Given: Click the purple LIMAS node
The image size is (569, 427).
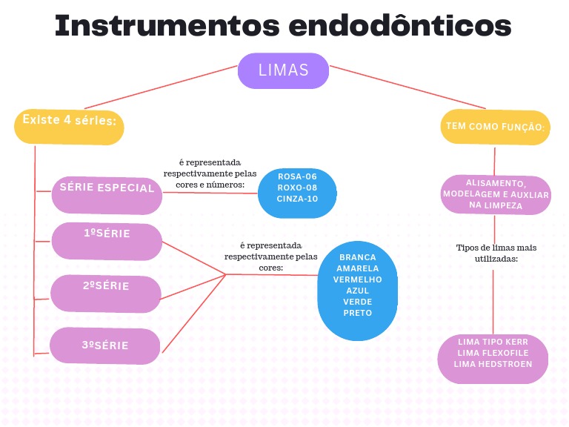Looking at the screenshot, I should pyautogui.click(x=283, y=71).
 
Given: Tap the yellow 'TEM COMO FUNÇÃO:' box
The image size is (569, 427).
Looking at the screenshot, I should pyautogui.click(x=495, y=128).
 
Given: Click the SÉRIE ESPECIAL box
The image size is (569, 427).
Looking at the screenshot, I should pyautogui.click(x=107, y=190).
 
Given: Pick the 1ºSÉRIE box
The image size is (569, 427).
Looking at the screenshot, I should pyautogui.click(x=107, y=239).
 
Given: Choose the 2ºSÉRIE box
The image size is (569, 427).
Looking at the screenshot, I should pyautogui.click(x=106, y=291).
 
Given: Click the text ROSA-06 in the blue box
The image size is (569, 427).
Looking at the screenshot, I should pyautogui.click(x=297, y=177).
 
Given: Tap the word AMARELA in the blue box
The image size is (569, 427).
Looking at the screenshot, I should pyautogui.click(x=357, y=268).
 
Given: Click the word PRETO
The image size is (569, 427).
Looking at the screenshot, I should pyautogui.click(x=357, y=313).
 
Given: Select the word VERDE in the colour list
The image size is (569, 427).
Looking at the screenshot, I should pyautogui.click(x=357, y=302).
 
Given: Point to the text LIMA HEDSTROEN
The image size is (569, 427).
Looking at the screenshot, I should pyautogui.click(x=493, y=364).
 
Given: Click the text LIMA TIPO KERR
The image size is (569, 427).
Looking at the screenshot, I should pyautogui.click(x=493, y=342).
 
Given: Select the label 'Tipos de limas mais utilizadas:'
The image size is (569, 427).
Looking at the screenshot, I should pyautogui.click(x=496, y=253).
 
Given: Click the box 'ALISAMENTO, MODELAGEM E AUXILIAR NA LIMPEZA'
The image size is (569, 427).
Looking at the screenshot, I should pyautogui.click(x=496, y=195).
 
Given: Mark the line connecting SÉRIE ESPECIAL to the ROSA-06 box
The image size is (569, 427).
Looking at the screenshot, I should pyautogui.click(x=210, y=192).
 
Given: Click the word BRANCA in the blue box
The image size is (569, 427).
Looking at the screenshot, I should pyautogui.click(x=357, y=257).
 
